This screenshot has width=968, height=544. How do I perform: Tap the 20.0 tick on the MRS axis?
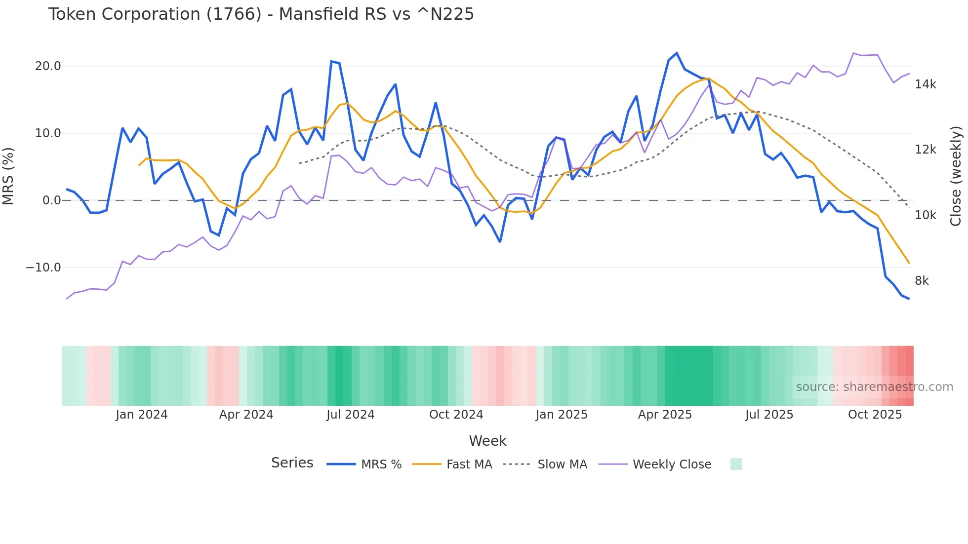coord(48,66)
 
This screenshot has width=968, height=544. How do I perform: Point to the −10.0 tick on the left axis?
coord(43,268)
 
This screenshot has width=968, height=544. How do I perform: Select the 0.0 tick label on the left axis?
coord(51,200)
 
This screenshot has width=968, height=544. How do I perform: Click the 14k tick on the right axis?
coord(925,84)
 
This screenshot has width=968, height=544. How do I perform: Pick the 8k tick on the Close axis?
coord(922,281)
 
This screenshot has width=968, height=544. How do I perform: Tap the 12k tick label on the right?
coord(925,150)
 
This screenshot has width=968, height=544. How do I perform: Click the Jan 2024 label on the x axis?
coord(142,415)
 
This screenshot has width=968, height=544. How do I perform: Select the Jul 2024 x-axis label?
coord(350,415)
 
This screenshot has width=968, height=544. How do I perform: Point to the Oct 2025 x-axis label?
coord(875,415)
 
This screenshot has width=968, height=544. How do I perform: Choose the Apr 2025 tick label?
coord(665,415)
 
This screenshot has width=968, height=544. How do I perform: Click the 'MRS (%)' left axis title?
coord(8,176)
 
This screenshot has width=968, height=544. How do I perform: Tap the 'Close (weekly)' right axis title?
coord(956,176)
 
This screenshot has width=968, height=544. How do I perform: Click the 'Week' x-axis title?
coord(487,441)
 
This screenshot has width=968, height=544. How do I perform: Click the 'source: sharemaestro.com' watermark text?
coord(874,387)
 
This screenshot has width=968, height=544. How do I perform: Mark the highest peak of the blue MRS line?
coord(676,53)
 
